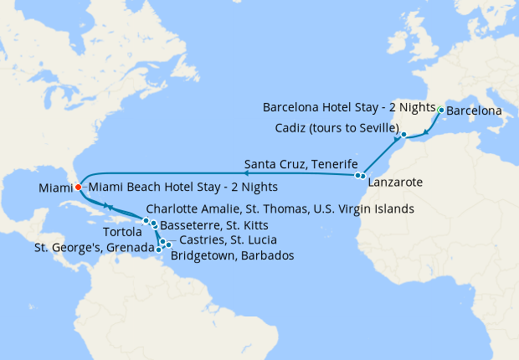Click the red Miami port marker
(x=78, y=187)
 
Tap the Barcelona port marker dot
(x=441, y=110)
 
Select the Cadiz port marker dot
(x=403, y=134)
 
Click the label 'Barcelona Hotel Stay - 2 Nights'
(x=349, y=108)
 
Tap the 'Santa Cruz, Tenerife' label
(x=301, y=162)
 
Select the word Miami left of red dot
(x=54, y=188)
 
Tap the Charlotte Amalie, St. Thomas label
(x=279, y=208)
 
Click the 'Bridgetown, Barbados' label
(x=232, y=255)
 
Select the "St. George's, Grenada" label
(x=94, y=248)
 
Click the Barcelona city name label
(x=474, y=111)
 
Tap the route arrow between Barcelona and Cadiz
(x=427, y=131)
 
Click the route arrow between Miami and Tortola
(x=108, y=207)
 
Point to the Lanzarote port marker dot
(x=362, y=176)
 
